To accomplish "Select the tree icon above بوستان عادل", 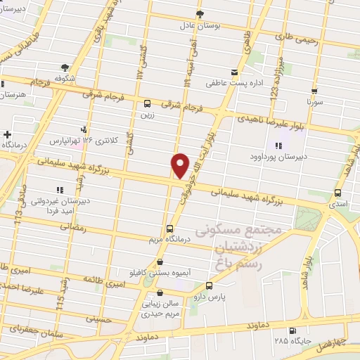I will point(200,13).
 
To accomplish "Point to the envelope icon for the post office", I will point(235,72).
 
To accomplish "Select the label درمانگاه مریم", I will point(169,240).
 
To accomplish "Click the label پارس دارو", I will point(209,297).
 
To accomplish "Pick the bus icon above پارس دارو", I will point(209,286).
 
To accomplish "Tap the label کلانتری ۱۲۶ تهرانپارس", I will point(84,140).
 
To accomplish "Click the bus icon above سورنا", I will point(314,91).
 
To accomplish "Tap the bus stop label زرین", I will point(146,115).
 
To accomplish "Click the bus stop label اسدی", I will point(338,203).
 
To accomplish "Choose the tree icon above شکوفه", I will point(65,67).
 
